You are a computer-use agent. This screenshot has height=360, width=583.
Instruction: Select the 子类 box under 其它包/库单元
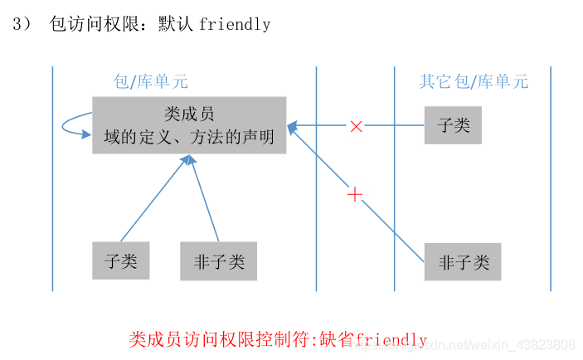(453, 125)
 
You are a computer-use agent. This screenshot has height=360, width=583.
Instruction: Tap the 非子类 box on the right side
(463, 263)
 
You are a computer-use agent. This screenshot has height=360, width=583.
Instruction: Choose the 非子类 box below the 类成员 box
(219, 261)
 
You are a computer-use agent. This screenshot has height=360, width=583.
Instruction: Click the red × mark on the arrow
(356, 126)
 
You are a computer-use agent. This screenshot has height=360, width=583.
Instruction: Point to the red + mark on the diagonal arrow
(355, 195)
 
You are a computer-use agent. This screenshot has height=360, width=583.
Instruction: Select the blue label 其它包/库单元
(473, 81)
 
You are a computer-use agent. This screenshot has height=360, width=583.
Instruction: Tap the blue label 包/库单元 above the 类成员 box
(150, 81)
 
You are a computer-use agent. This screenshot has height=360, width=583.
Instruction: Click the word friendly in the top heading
(235, 24)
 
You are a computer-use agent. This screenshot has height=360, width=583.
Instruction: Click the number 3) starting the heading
(21, 24)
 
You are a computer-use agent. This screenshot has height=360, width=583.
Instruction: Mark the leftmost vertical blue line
(53, 178)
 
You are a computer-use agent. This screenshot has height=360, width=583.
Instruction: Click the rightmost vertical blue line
(551, 178)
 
